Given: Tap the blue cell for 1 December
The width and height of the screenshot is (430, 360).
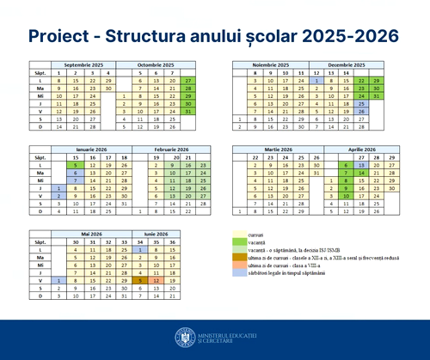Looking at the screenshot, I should click(317, 80).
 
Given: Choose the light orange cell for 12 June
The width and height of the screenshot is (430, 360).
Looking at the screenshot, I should click(156, 280).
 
